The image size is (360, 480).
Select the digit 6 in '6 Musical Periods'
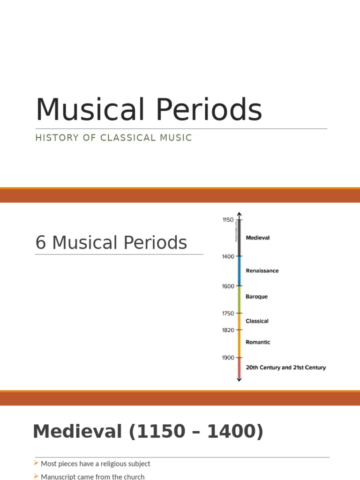41,243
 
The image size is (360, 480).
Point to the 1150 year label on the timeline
228,219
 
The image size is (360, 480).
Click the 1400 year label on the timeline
228,256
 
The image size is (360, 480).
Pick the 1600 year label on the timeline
228,286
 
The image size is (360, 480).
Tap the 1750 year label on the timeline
228,314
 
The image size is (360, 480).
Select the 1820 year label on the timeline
228,330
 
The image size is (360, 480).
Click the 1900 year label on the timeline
228,358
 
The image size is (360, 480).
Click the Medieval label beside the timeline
258,238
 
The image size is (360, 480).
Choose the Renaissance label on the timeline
262,271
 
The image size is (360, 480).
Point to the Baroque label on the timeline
257,297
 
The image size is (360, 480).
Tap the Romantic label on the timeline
258,342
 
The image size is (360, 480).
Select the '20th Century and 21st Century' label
285,367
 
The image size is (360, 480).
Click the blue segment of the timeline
239,271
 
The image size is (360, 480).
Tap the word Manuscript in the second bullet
58,477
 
